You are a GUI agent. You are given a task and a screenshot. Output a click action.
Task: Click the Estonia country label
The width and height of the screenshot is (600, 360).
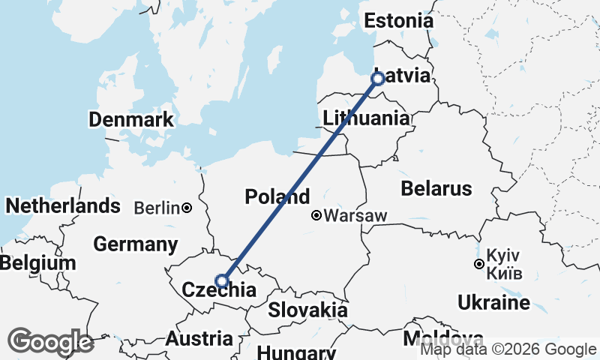tap(398, 21)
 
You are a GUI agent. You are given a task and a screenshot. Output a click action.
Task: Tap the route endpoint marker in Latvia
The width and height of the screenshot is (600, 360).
tap(378, 78)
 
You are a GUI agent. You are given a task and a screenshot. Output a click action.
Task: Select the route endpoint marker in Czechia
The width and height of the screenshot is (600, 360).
tap(222, 281)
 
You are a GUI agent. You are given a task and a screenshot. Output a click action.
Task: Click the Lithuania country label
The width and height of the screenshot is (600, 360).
tap(366, 118)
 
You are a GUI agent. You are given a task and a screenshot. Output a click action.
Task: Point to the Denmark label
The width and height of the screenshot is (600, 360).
tap(130, 119)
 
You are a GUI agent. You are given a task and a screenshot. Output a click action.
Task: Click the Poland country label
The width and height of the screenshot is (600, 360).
tap(277, 197)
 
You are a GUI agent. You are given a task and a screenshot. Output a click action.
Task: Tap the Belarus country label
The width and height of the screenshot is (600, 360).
tap(436, 188)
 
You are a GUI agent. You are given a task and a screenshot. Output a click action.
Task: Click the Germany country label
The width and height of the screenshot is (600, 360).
tap(136, 244)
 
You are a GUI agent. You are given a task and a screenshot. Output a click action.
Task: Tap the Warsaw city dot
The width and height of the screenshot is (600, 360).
tap(316, 216)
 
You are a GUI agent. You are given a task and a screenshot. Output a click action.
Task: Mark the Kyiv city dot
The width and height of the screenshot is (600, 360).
tap(478, 264)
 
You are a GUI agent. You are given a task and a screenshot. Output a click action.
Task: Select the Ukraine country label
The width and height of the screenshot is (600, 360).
tap(493, 303)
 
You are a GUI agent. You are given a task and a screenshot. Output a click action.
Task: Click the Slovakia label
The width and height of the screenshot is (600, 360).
tap(307, 310)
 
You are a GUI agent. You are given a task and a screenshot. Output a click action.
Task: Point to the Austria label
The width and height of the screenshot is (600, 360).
tap(199, 338)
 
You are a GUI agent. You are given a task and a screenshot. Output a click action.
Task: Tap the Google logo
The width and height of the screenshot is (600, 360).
tap(50, 342)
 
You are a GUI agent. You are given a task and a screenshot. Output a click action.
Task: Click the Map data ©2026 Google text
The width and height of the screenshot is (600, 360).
tap(508, 349)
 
